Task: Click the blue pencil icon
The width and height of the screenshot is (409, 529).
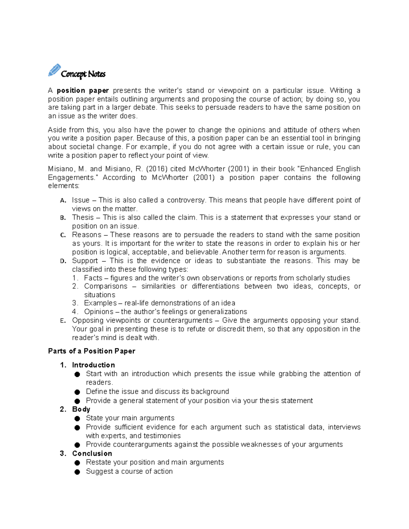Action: [x=54, y=70]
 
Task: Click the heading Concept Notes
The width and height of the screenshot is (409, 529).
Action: [x=83, y=74]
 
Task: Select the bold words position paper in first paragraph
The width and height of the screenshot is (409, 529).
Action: [x=83, y=91]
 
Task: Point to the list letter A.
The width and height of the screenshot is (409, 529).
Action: [x=63, y=201]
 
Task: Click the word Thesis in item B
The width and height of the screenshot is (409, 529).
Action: [x=83, y=217]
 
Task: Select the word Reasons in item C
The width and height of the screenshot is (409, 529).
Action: [x=87, y=235]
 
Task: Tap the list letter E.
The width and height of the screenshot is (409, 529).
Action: [x=62, y=321]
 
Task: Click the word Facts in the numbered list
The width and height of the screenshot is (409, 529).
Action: [x=93, y=278]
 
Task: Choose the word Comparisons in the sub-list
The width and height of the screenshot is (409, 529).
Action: [x=106, y=286]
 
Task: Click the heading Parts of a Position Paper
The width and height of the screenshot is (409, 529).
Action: [x=92, y=351]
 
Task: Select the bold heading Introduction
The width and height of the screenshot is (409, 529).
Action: [x=93, y=365]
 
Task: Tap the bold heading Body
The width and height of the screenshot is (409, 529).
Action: [x=81, y=409]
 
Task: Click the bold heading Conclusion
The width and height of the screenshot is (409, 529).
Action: [x=92, y=454]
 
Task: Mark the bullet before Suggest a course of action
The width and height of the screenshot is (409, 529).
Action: [x=77, y=472]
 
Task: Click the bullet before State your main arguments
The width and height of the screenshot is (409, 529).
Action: [x=77, y=419]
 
